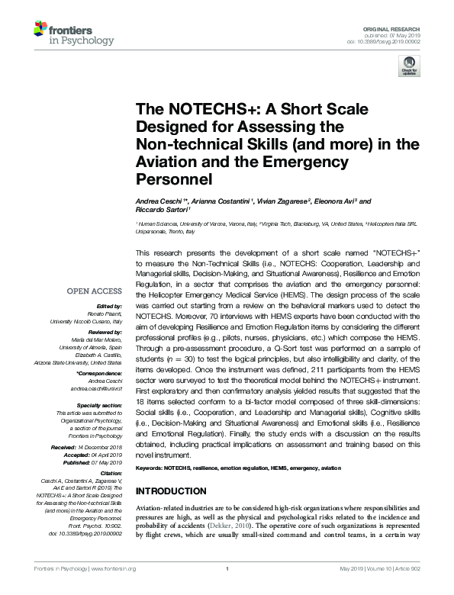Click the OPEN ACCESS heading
(x=94, y=291)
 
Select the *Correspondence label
(x=100, y=374)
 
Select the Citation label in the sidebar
(x=110, y=474)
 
